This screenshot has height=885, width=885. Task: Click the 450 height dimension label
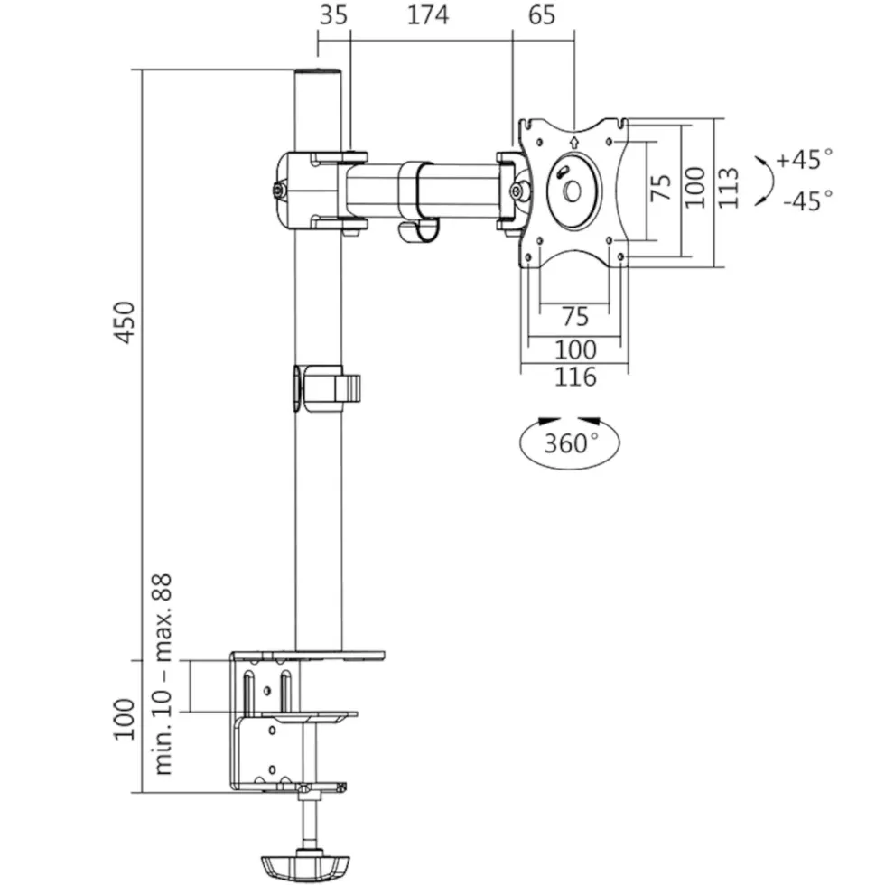pyautogui.click(x=126, y=322)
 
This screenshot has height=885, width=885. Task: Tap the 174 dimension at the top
pyautogui.click(x=428, y=14)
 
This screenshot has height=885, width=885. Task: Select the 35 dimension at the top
pyautogui.click(x=333, y=14)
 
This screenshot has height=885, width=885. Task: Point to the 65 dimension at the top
pyautogui.click(x=542, y=14)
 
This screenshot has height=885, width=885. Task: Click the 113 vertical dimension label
pyautogui.click(x=728, y=188)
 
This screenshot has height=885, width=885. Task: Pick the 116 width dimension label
pyautogui.click(x=575, y=377)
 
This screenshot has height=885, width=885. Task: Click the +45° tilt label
pyautogui.click(x=805, y=159)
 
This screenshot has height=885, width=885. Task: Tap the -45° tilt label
pyautogui.click(x=807, y=200)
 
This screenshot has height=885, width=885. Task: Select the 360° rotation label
pyautogui.click(x=571, y=443)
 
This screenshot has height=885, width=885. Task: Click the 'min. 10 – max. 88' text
pyautogui.click(x=162, y=675)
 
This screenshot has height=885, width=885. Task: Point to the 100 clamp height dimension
pyautogui.click(x=125, y=720)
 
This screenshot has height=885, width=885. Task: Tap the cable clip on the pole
pyautogui.click(x=327, y=388)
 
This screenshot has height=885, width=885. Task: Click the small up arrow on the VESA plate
pyautogui.click(x=574, y=142)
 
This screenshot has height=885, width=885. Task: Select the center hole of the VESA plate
pyautogui.click(x=573, y=191)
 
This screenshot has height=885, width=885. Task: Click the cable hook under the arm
pyautogui.click(x=418, y=233)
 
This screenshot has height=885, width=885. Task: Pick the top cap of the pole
pyautogui.click(x=318, y=73)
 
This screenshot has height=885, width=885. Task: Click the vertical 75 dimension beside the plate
pyautogui.click(x=661, y=188)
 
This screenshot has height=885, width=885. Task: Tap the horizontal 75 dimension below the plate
pyautogui.click(x=575, y=317)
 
